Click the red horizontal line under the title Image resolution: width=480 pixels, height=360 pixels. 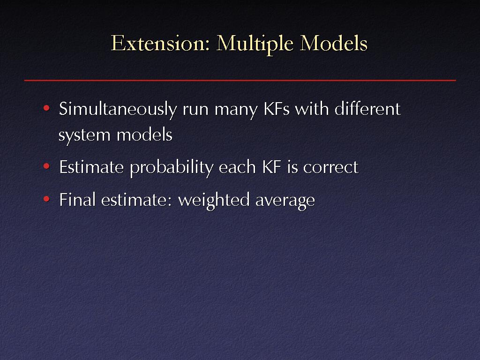240,81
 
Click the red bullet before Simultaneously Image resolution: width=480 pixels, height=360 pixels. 46,108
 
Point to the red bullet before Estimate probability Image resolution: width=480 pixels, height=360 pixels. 46,166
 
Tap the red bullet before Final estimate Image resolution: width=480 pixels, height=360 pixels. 46,199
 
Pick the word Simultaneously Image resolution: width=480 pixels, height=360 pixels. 118,110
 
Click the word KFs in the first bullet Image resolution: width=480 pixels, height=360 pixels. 277,109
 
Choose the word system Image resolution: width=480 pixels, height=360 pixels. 84,135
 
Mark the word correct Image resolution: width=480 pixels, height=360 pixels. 330,168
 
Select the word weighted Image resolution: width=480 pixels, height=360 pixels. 214,201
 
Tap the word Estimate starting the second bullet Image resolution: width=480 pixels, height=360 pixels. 91,167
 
